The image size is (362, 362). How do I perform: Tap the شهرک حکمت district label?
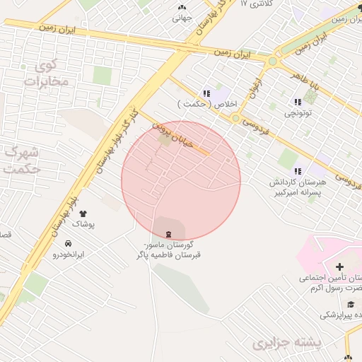(x=20, y=161)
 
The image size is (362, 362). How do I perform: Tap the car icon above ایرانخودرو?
(x=68, y=243)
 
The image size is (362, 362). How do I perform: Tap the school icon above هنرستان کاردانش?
(x=298, y=170)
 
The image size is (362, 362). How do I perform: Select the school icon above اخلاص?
(x=205, y=93)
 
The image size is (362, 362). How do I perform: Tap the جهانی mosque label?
(x=182, y=18)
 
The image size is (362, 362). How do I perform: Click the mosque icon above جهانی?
(x=182, y=7)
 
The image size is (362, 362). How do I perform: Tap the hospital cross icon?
(x=340, y=267)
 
